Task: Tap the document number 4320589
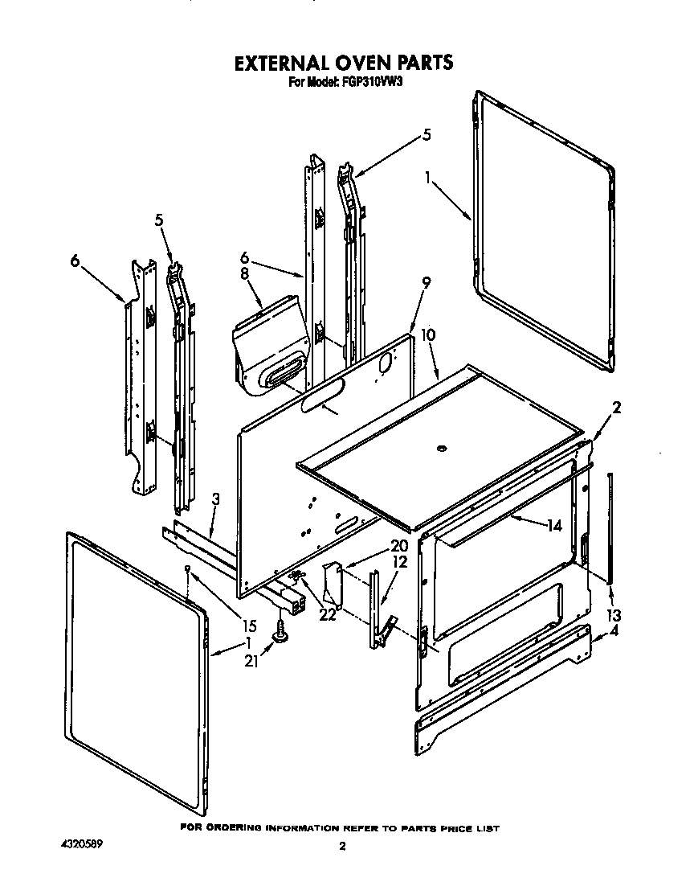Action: click(82, 845)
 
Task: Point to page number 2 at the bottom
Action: click(342, 846)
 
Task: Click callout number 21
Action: click(252, 661)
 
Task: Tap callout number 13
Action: click(614, 615)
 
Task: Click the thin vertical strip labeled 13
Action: click(611, 527)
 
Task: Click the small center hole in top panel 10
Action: click(440, 448)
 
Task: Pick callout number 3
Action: click(216, 499)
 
